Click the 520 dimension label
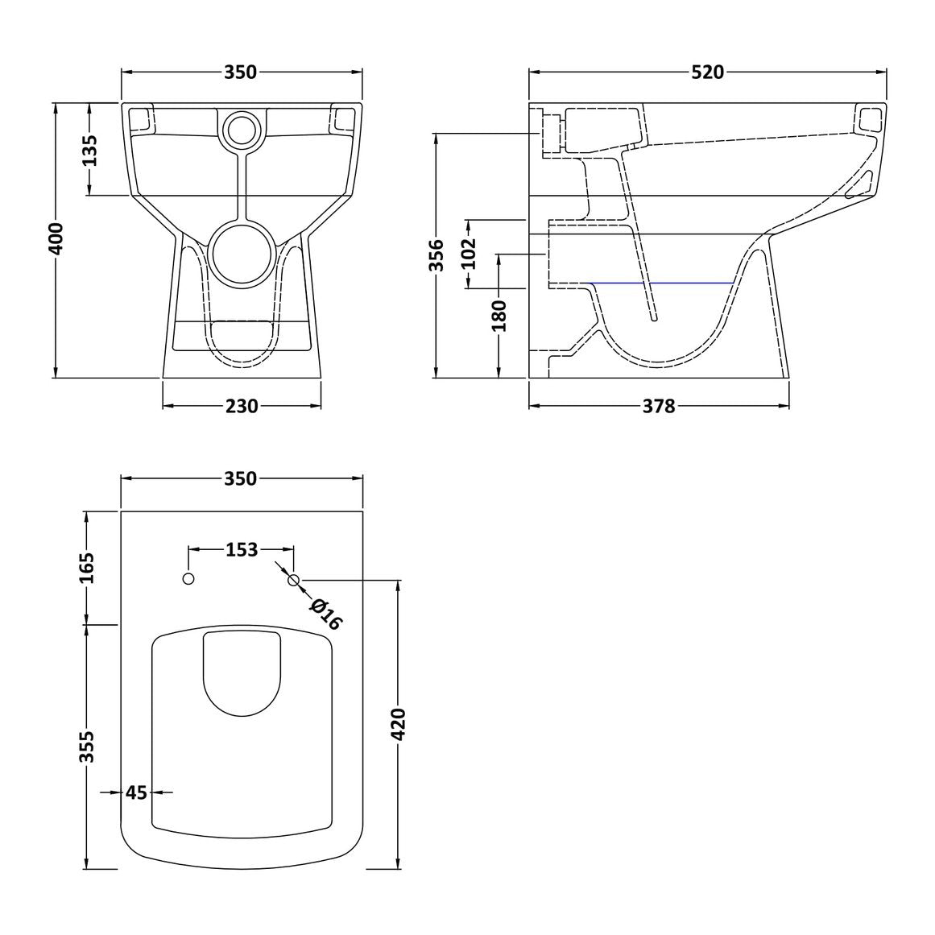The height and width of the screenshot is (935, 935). (x=707, y=72)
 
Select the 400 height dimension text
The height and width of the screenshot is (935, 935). (x=55, y=239)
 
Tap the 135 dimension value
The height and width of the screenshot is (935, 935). (x=89, y=151)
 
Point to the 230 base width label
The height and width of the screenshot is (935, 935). (x=242, y=406)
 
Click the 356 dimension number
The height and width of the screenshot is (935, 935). (x=437, y=255)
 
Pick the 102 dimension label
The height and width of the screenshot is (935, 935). (x=470, y=254)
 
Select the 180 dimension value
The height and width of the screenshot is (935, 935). (x=499, y=316)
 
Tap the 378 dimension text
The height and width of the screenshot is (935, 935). (x=659, y=406)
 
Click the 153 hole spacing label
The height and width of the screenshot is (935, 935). (x=242, y=549)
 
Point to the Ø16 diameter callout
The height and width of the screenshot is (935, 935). (x=325, y=614)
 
